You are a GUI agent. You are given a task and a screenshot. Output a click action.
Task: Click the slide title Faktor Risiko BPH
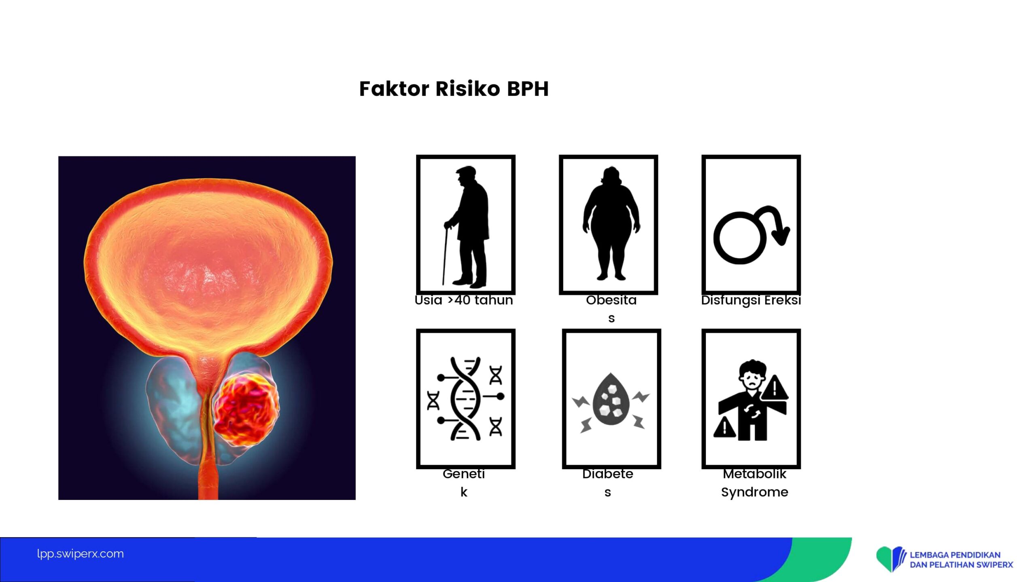454,89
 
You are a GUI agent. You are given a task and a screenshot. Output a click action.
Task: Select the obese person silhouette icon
611,223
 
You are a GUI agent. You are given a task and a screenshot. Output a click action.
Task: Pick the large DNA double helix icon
465,399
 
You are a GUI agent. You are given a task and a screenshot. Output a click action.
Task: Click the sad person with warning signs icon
751,400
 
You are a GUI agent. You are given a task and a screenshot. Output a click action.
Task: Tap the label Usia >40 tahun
464,300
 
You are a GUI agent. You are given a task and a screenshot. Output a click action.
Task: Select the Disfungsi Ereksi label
751,300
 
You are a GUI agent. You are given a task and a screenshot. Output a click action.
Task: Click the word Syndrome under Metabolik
755,492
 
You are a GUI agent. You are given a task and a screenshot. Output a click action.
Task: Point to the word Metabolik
755,474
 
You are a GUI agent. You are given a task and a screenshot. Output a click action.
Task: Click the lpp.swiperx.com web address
80,554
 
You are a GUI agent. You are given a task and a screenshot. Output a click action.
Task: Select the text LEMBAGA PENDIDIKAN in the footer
955,555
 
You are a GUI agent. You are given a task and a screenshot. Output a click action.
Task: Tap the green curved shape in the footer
824,559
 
